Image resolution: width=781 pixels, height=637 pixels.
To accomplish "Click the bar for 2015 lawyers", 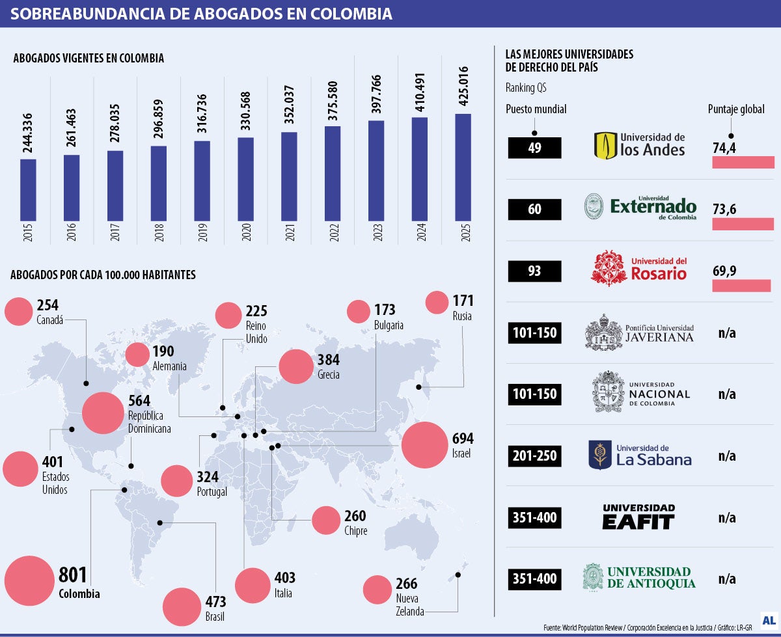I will click(x=28, y=189).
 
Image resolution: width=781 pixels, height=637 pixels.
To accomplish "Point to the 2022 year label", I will click(x=333, y=232).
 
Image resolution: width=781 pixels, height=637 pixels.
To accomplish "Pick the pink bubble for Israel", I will click(x=427, y=445).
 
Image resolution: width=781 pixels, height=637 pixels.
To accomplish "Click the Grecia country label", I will click(x=329, y=375).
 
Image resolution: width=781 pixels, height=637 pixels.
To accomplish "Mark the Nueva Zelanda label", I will click(x=410, y=604).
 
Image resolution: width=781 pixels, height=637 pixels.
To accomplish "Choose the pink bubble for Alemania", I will click(x=137, y=355).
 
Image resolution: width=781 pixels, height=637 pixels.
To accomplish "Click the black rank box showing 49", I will click(x=534, y=148).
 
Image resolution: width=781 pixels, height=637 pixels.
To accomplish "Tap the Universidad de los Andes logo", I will click(x=640, y=146).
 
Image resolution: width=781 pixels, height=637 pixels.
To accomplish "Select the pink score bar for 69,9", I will click(x=741, y=286).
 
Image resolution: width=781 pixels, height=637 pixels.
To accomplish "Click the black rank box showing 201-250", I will click(x=534, y=455).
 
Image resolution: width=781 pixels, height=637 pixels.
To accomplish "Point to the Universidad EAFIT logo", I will click(x=638, y=517).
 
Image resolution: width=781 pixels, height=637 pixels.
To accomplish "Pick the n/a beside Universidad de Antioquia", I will click(x=727, y=578).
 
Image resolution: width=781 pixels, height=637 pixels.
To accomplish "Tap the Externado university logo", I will click(x=640, y=207).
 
